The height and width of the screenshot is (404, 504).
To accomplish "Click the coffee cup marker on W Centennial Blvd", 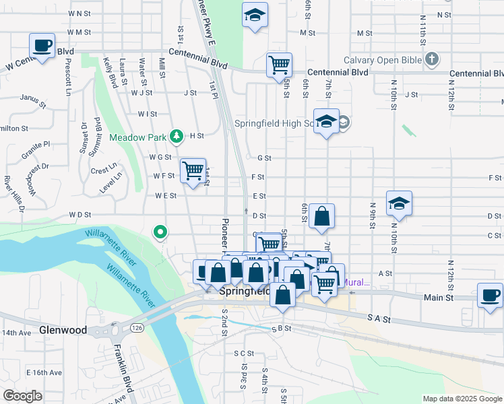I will point(42,46).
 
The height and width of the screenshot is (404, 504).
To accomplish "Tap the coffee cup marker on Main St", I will point(489,295).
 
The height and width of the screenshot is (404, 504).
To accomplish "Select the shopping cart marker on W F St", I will point(193,171).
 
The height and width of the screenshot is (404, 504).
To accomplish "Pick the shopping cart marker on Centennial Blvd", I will point(279,65).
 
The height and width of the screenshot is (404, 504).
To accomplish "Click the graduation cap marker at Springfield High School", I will point(326,122).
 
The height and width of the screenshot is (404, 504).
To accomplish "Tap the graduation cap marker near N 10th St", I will point(399,203).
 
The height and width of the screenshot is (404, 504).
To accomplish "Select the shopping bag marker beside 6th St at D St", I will point(322,217).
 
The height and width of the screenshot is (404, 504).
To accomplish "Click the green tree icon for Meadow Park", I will point(177,137).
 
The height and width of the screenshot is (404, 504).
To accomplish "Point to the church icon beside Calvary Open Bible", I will point(432,60).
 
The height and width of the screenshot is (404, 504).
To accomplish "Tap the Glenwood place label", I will point(63,331).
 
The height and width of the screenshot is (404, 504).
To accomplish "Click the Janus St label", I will point(32,101).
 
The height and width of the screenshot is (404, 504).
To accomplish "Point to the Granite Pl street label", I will point(36,149).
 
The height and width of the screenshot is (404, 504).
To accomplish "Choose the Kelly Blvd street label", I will point(110,73).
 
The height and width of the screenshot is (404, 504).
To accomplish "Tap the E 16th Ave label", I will point(44,372).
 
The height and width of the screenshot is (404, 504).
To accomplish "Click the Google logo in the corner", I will point(22,396).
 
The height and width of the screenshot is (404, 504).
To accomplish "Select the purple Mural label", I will point(357,282).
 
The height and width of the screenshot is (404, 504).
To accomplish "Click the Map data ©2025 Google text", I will point(462,399).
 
